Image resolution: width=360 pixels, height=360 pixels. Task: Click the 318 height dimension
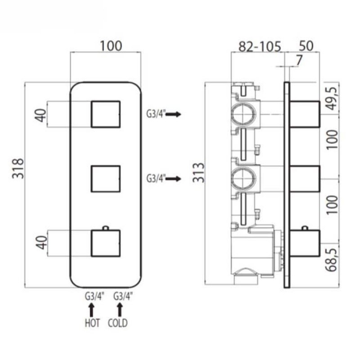(18, 168)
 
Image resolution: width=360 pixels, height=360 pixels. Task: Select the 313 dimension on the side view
(198, 172)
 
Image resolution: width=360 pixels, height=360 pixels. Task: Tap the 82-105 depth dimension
(260, 46)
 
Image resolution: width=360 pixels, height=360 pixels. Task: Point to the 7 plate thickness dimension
(299, 60)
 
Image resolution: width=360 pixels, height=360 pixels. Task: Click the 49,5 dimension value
(332, 98)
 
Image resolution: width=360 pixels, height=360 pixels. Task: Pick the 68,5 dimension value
(332, 260)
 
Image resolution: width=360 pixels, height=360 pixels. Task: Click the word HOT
(92, 323)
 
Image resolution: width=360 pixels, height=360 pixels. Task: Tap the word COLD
(117, 323)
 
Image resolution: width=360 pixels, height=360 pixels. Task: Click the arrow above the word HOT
(92, 310)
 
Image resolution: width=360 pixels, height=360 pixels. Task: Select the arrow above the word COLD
(120, 310)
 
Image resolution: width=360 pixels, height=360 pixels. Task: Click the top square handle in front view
(106, 114)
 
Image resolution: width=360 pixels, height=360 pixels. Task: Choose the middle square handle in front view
(106, 179)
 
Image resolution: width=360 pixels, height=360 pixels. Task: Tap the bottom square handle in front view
(106, 243)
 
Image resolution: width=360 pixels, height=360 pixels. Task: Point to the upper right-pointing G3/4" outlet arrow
(173, 114)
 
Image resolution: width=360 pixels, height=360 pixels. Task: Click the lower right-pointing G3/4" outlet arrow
(173, 178)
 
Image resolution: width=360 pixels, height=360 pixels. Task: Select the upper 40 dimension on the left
(40, 115)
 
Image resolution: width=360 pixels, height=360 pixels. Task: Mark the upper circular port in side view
(243, 114)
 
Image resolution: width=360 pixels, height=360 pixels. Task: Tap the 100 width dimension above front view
(111, 46)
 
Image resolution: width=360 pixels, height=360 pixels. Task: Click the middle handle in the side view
(305, 179)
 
